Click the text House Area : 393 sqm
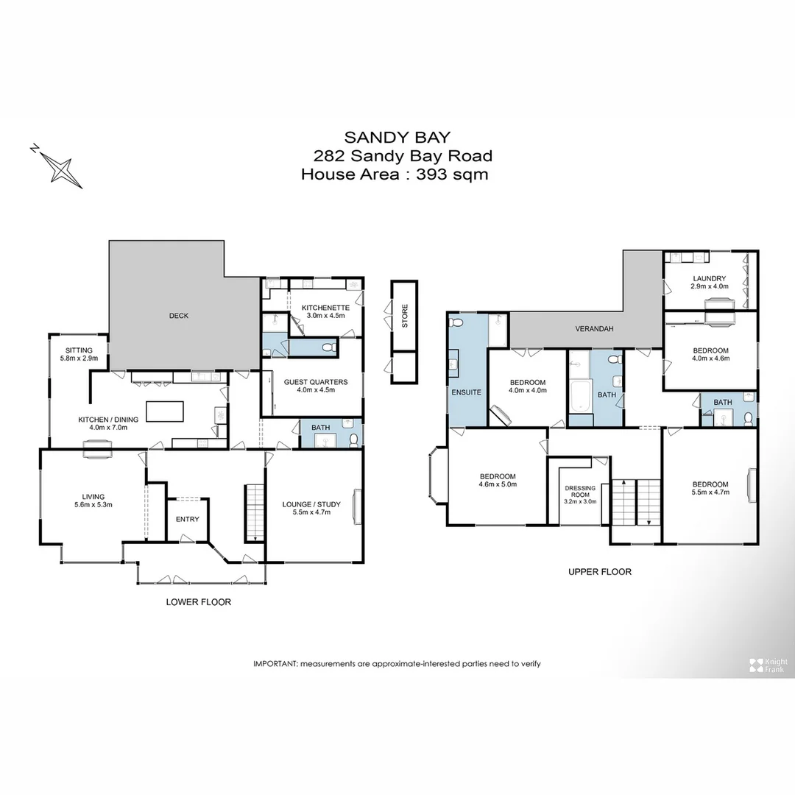395,174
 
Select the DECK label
179,316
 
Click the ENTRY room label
187,519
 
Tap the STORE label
404,316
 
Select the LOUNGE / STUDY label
311,504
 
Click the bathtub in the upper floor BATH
580,397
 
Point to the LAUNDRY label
709,278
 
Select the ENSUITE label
467,392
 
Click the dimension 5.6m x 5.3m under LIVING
93,505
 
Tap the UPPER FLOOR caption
599,571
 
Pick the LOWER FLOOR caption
199,601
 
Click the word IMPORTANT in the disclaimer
274,663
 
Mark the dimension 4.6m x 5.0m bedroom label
498,484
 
